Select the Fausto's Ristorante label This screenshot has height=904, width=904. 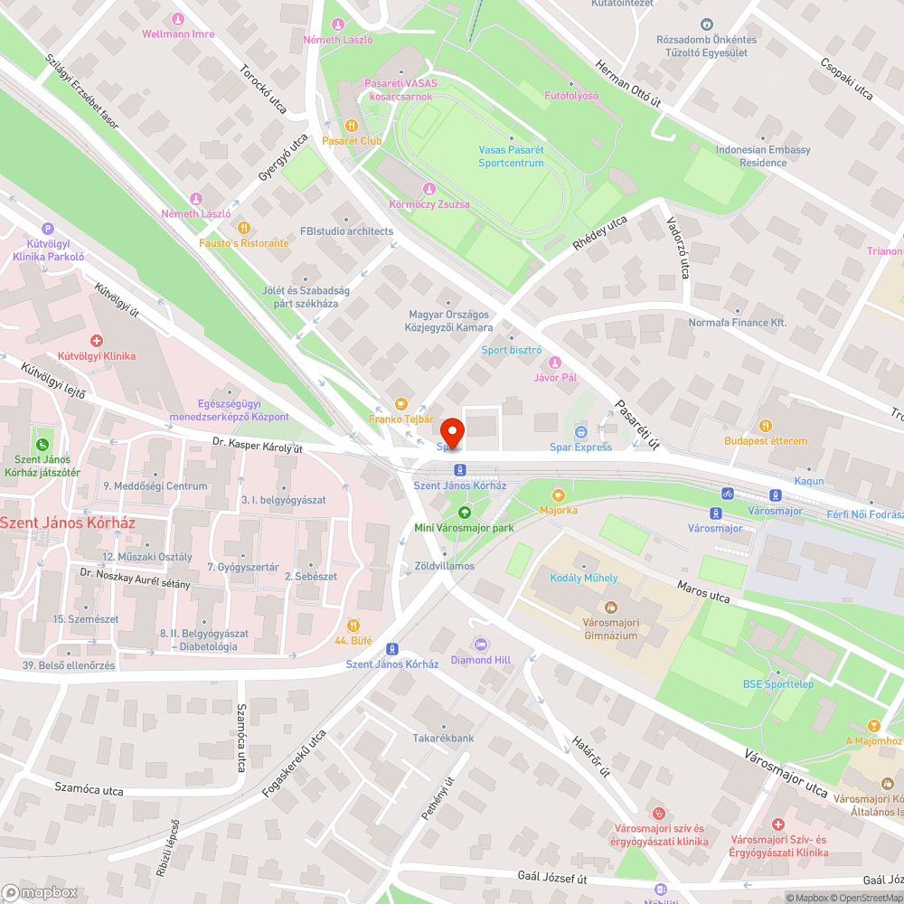tap(244, 243)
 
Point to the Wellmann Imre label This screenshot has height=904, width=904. tap(178, 34)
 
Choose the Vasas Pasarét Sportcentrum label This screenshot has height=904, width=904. tap(512, 156)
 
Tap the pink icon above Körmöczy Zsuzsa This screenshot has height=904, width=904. tap(429, 189)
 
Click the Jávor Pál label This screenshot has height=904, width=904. tap(556, 377)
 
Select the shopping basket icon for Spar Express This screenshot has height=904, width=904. tap(581, 431)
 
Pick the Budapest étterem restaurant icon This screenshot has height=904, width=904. tap(766, 425)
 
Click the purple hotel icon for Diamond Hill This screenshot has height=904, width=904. tap(481, 645)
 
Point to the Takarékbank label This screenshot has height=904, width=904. tap(444, 738)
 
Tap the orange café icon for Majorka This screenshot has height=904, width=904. tap(558, 494)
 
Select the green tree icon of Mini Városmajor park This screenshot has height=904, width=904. tap(465, 512)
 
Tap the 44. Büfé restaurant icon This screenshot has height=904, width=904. tap(353, 625)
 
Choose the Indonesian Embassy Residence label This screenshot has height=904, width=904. tap(763, 156)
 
